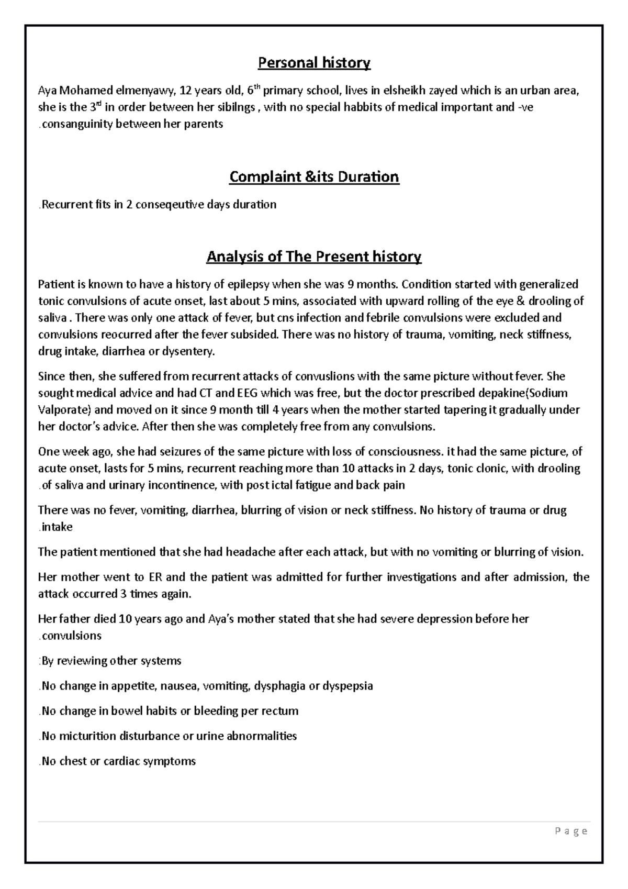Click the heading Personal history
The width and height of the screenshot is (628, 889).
pyautogui.click(x=314, y=63)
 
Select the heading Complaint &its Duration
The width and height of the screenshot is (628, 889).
pyautogui.click(x=314, y=177)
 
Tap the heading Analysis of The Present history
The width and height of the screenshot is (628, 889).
pyautogui.click(x=314, y=257)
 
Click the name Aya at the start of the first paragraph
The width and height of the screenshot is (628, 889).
pyautogui.click(x=48, y=91)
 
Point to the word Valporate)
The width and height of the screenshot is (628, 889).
pyautogui.click(x=63, y=410)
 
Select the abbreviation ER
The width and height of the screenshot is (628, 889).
pyautogui.click(x=155, y=577)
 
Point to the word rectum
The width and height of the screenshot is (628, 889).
pyautogui.click(x=282, y=711)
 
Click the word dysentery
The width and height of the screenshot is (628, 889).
pyautogui.click(x=187, y=352)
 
